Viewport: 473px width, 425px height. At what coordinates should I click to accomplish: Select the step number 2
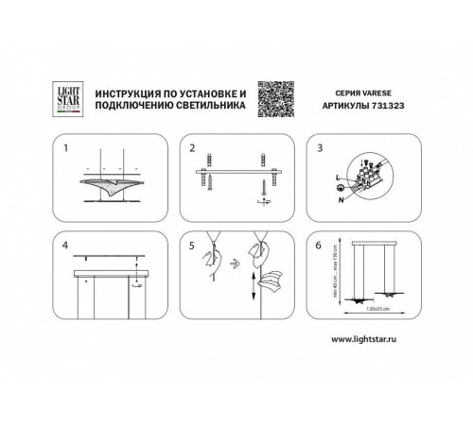click(192, 149)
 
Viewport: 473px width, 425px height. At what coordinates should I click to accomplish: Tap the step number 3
click(320, 149)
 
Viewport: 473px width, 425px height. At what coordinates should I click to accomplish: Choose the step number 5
click(192, 246)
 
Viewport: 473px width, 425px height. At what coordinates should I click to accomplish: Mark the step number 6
click(320, 246)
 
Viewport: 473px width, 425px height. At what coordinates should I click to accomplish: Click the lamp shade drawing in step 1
click(114, 187)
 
